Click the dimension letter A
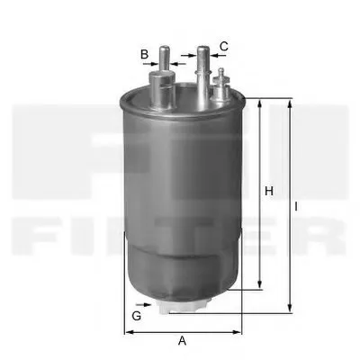coord(182,341)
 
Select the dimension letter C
coord(223,45)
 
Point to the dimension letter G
coord(137,316)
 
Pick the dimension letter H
coord(267,190)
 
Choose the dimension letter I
coord(296,205)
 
